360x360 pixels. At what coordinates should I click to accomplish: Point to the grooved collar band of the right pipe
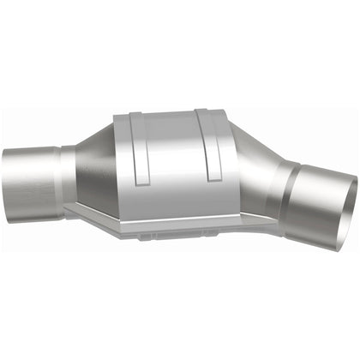point(291,193)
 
